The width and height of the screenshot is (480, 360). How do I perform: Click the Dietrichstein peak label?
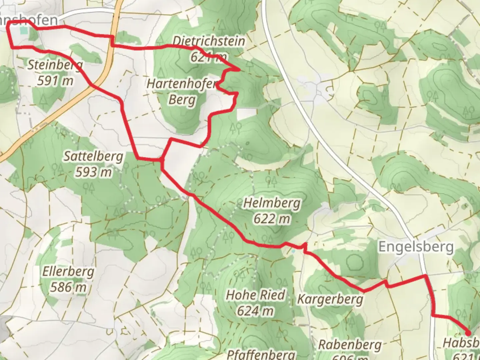click(x=209, y=41)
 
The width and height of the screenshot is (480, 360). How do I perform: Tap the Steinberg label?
click(x=55, y=65)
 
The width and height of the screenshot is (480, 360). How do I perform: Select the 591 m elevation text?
click(x=55, y=80)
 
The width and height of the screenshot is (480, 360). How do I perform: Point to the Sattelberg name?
click(x=93, y=156)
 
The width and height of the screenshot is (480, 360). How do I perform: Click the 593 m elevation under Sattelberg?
click(x=93, y=172)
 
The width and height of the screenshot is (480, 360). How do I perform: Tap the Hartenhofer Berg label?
click(x=182, y=91)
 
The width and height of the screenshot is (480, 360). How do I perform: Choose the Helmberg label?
click(x=272, y=203)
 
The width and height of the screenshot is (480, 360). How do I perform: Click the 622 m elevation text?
click(x=272, y=219)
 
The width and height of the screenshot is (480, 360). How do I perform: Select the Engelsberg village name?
click(x=416, y=247)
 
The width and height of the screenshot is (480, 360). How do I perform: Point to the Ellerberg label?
click(x=68, y=272)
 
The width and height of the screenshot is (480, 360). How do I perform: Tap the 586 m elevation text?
click(x=68, y=287)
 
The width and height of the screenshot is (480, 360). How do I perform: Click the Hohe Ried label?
click(x=256, y=295)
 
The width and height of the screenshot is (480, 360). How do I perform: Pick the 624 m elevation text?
click(x=256, y=311)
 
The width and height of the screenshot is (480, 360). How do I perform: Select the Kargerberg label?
click(x=330, y=299)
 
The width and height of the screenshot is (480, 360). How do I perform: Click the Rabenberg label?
click(x=350, y=344)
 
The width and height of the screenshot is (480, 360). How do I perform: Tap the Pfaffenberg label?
click(x=261, y=354)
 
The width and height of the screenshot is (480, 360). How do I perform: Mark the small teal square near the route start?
click(x=23, y=31)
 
